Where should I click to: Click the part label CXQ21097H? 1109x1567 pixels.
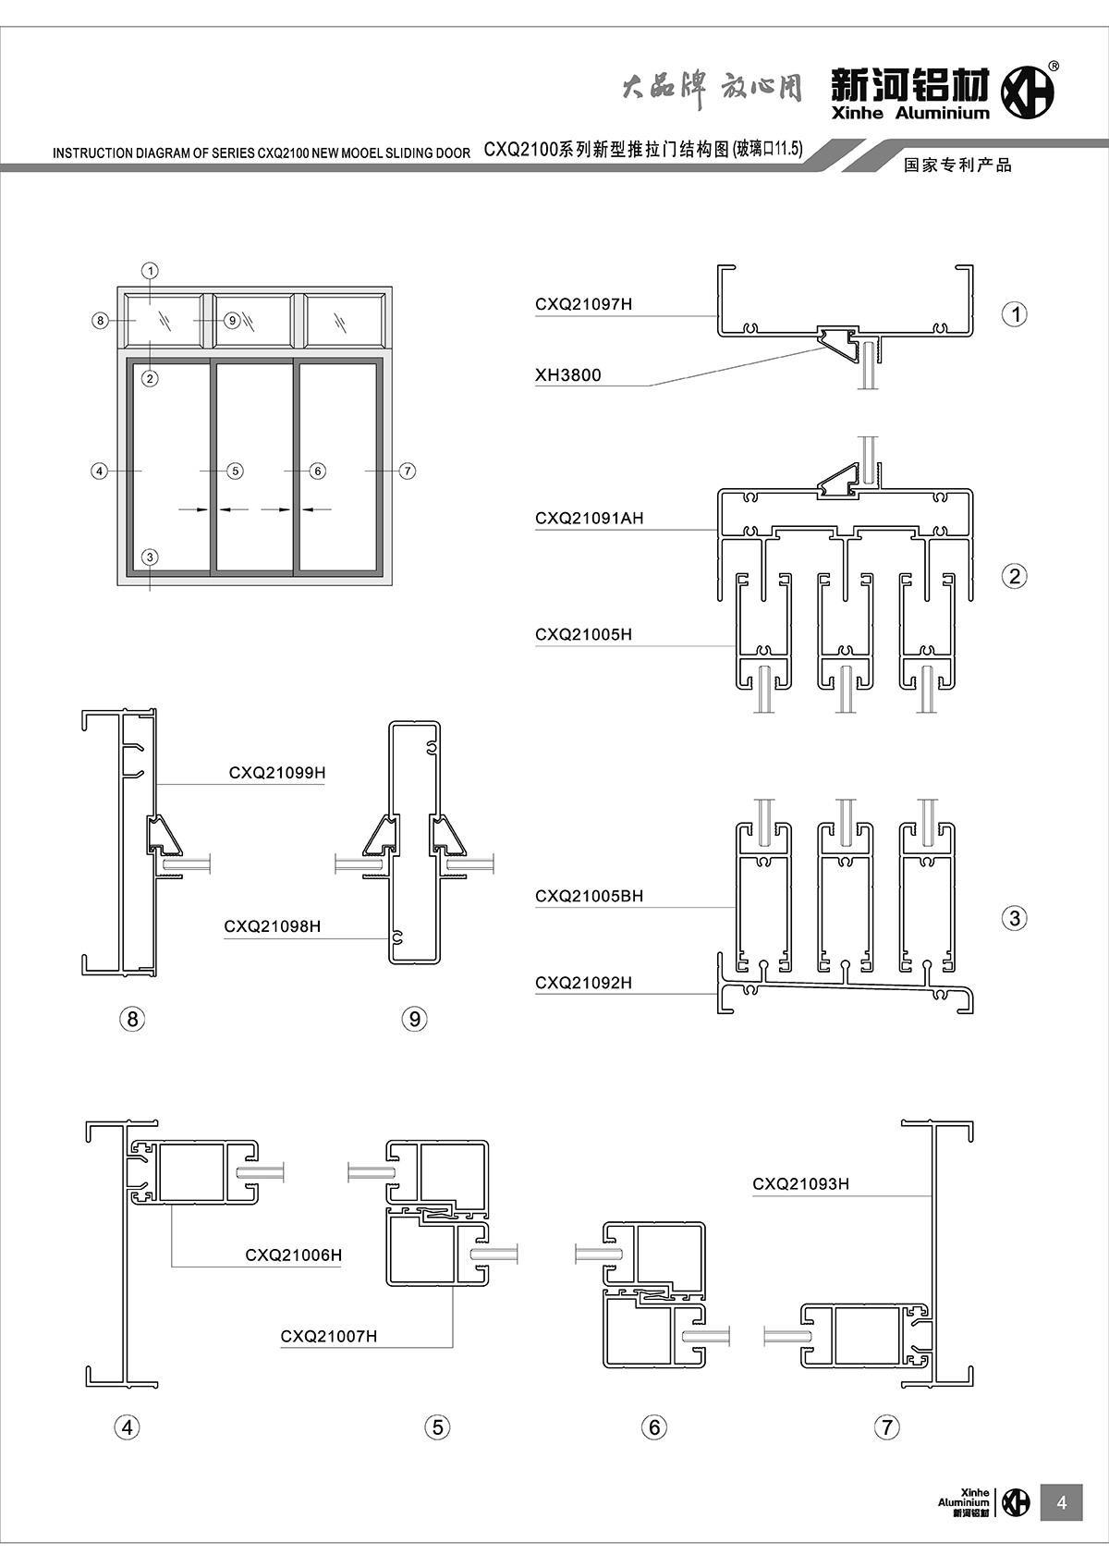click(583, 304)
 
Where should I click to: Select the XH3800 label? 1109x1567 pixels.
click(567, 375)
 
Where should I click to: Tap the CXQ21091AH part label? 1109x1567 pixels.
click(589, 519)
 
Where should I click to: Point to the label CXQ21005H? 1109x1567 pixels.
click(583, 635)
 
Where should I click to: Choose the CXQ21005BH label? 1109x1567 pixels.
click(589, 896)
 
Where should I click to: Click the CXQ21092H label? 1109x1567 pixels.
click(583, 983)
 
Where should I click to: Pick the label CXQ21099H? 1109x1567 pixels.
click(277, 773)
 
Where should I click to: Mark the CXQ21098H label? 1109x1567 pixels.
click(272, 926)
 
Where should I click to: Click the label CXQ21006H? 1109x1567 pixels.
click(293, 1255)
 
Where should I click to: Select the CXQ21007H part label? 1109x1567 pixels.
click(329, 1336)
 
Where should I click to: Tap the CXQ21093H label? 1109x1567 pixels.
click(800, 1184)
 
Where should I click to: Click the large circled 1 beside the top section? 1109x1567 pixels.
click(1015, 314)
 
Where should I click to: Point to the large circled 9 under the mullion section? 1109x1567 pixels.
click(414, 1019)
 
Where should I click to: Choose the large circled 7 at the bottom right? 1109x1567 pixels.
click(885, 1427)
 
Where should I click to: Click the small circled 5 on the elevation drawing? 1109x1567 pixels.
click(235, 471)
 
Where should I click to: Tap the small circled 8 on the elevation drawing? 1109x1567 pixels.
click(101, 321)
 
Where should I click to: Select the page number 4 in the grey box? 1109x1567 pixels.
click(1061, 1503)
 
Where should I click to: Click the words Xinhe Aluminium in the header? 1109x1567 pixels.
click(909, 114)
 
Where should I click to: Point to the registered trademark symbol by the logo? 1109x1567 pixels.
click(1054, 66)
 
